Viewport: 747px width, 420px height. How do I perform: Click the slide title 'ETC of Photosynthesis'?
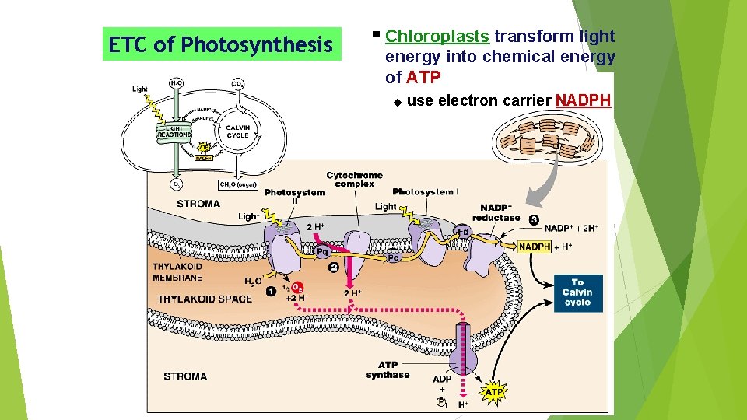(220, 45)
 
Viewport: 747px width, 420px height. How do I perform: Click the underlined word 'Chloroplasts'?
(437, 37)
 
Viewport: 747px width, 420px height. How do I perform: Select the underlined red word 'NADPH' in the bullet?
(583, 100)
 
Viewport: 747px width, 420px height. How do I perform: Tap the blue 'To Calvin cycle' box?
(578, 293)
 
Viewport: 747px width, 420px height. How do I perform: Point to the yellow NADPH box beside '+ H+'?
(535, 247)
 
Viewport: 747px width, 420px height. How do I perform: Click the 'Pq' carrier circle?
(322, 252)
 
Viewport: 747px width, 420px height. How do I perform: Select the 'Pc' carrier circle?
(393, 257)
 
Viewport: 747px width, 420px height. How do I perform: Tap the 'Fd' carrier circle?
(461, 232)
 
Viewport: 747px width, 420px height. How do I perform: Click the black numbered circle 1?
(271, 292)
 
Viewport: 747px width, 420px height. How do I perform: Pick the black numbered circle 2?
(333, 268)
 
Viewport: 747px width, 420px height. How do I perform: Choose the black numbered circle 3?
(534, 219)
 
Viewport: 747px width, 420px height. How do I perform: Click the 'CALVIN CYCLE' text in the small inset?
(237, 131)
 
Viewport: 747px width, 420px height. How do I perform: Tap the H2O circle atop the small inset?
(177, 83)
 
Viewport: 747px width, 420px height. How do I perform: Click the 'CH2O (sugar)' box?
(237, 184)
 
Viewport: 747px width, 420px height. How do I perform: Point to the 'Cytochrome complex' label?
(354, 180)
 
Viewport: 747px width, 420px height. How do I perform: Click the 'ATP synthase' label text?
(388, 369)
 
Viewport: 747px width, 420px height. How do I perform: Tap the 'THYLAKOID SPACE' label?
(205, 299)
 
